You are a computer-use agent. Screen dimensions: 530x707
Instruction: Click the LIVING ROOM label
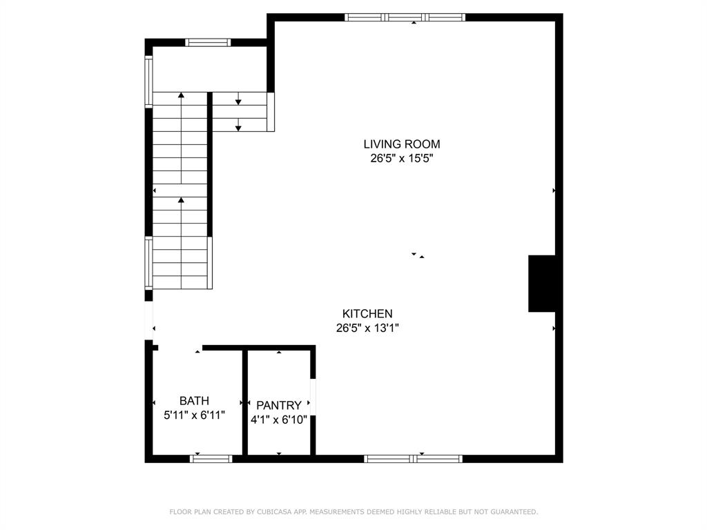coord(402,144)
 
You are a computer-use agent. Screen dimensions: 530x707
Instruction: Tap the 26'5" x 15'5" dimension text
coord(402,158)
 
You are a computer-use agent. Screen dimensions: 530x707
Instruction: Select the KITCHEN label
coord(367,314)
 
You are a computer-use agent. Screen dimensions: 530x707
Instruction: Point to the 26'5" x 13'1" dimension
coord(367,328)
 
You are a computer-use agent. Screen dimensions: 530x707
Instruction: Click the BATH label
coord(194,401)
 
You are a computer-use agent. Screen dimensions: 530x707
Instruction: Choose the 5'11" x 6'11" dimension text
coord(194,415)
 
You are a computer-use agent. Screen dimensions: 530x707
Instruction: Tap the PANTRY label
coord(279,406)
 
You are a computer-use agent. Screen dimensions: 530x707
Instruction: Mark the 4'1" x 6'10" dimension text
coord(279,420)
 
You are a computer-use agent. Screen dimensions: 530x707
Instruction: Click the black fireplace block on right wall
coord(542,284)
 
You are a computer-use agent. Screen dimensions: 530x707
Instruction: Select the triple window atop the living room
coord(405,17)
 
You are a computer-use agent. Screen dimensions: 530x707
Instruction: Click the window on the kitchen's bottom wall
coord(413,458)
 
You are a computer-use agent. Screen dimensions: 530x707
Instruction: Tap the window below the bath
coord(211,458)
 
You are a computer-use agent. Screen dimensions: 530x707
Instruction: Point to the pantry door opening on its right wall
coord(313,397)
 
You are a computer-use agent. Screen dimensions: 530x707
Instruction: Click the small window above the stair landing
coord(208,42)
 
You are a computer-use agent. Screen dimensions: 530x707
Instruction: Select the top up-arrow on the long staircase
coord(181,97)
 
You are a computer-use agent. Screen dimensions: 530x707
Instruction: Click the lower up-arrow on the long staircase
coord(181,201)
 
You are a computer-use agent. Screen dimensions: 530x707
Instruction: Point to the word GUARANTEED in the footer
coord(513,512)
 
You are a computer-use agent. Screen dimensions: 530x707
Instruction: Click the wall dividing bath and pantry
coord(244,402)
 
